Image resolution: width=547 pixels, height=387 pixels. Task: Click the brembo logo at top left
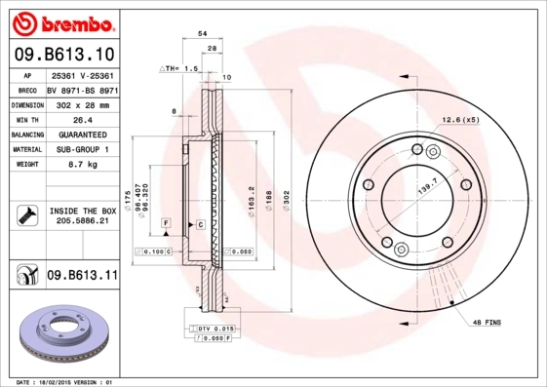(61, 22)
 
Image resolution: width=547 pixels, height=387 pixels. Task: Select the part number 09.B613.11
(82, 276)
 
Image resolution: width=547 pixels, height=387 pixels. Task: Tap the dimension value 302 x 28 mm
(82, 104)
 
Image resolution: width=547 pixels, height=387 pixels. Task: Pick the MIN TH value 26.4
(82, 119)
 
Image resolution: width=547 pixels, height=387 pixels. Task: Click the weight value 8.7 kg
(82, 166)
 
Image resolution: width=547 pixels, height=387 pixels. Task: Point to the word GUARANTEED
(82, 135)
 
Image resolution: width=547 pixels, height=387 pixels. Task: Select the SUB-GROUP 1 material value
(82, 150)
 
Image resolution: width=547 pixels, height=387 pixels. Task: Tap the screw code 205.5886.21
(82, 222)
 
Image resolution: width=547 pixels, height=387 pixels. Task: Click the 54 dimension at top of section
(202, 33)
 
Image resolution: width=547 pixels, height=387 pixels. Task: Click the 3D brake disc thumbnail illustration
(61, 333)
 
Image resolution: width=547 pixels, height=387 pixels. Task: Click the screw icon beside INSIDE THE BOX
(26, 214)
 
